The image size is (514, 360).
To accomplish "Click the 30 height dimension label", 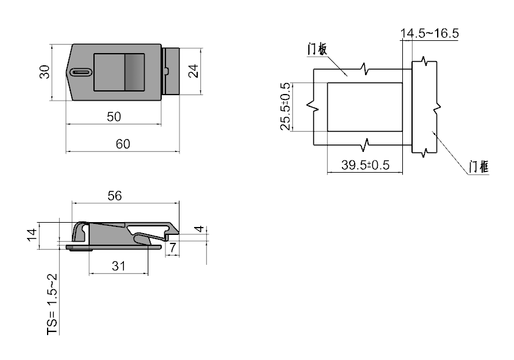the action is click(44, 72).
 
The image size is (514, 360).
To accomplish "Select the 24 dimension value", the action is click(194, 71).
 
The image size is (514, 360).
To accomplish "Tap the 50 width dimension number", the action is click(114, 117).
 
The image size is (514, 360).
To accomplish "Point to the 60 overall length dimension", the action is click(123, 144).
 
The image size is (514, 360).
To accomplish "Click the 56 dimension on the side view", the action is click(115, 196).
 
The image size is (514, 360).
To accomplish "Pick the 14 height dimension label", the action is click(32, 235).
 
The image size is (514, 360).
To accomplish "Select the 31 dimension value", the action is click(118, 266).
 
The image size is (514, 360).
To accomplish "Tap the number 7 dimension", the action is click(172, 247).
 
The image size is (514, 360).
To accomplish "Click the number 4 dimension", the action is click(199, 228).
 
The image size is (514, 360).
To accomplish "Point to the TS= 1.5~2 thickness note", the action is click(52, 304).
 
